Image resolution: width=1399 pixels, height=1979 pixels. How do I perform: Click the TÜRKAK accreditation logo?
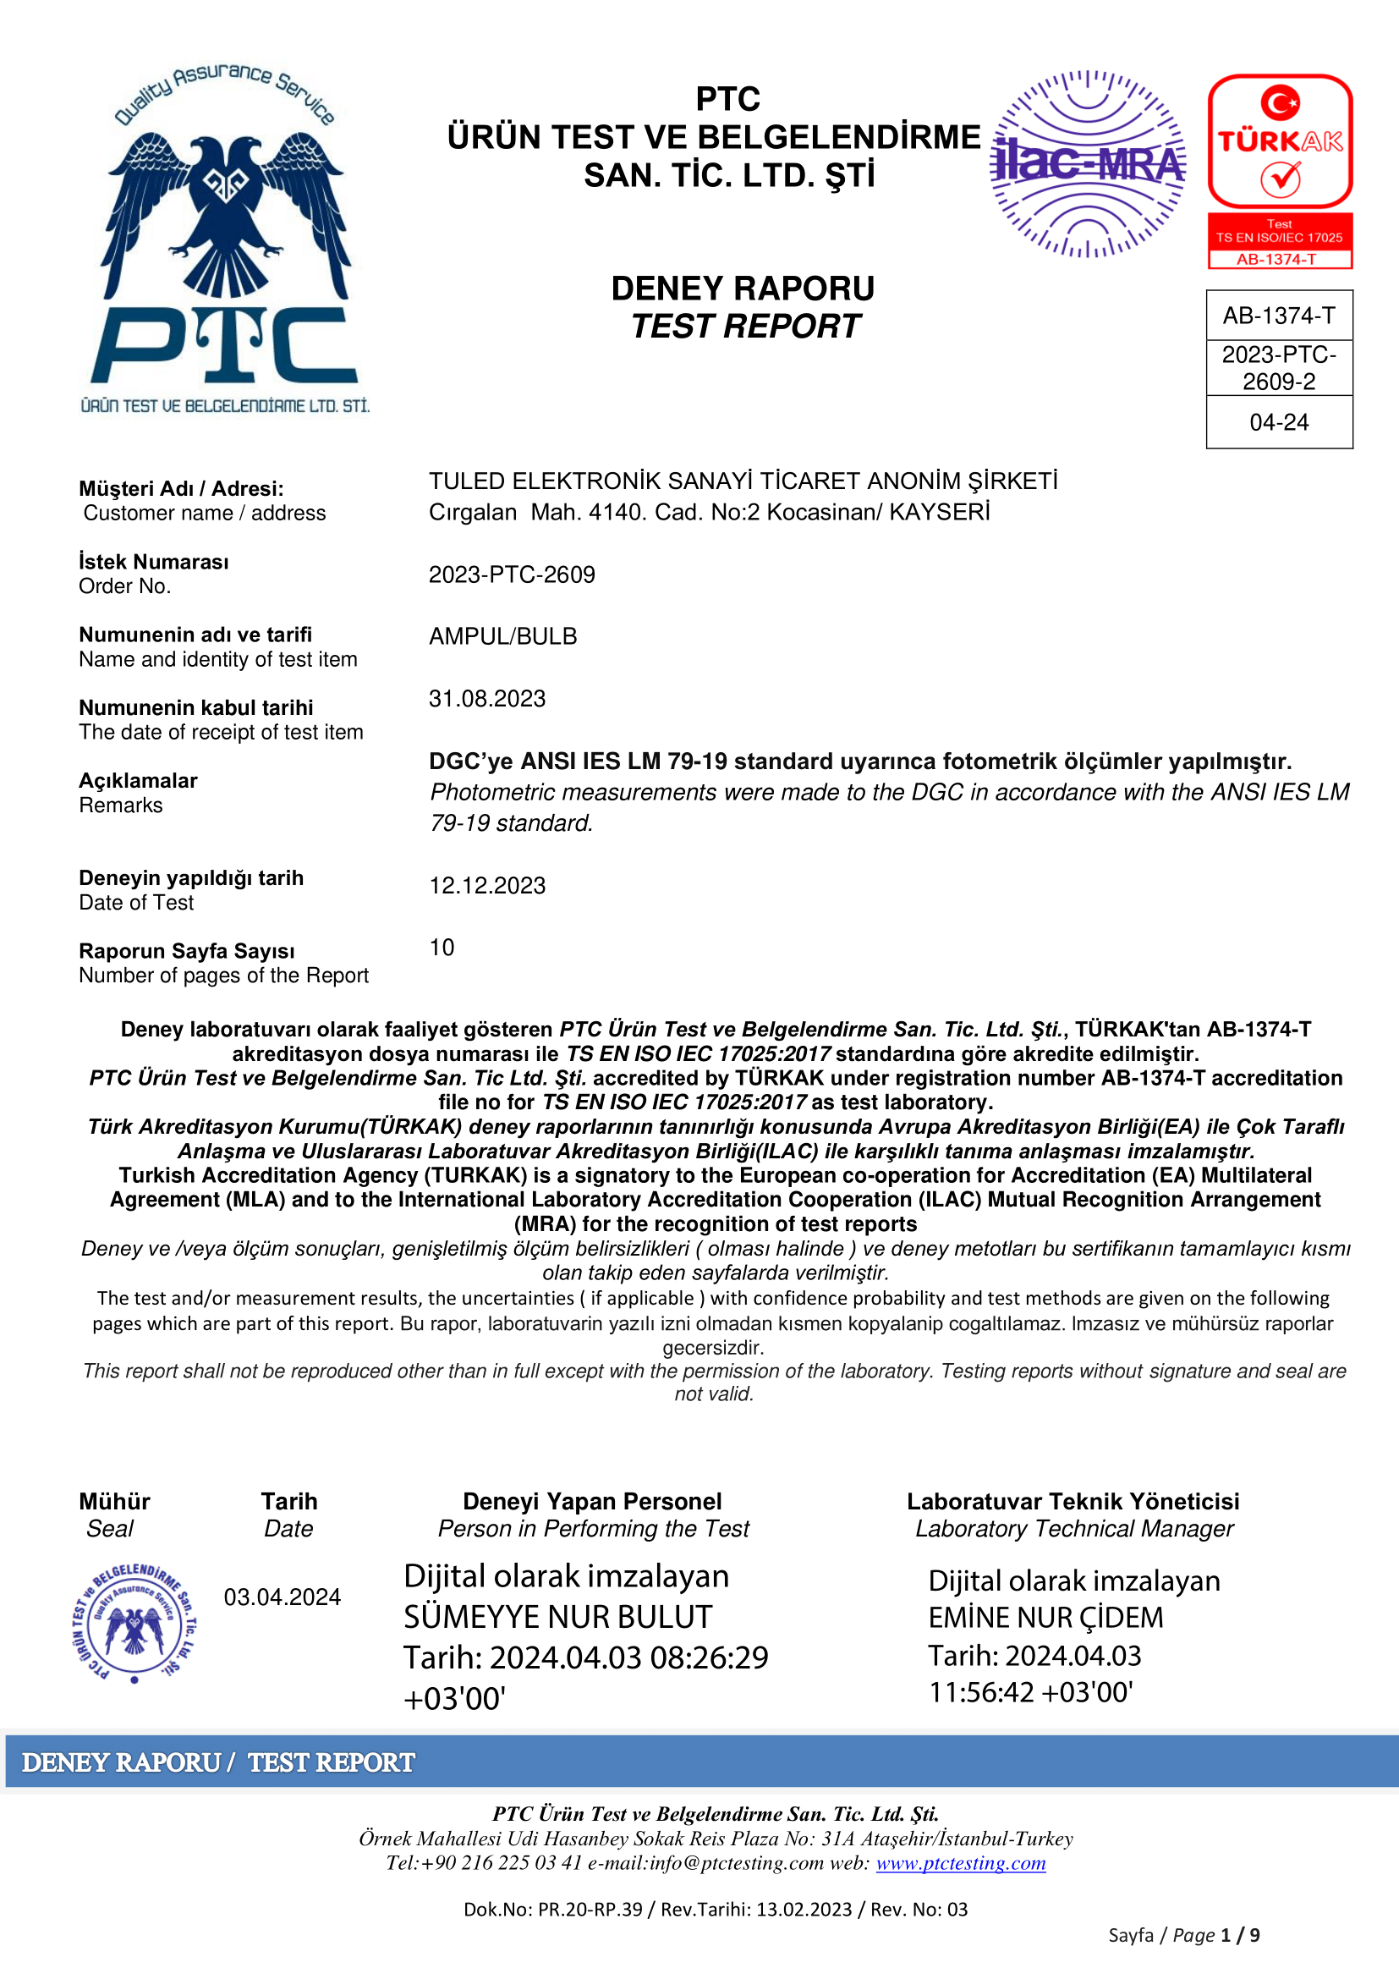(1279, 171)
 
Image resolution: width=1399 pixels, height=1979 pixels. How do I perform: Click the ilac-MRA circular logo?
(1088, 164)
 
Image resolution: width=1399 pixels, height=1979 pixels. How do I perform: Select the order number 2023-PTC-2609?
(512, 574)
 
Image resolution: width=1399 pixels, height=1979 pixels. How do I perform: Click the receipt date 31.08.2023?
(486, 699)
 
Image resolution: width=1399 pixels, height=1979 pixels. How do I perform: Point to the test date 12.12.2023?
(486, 886)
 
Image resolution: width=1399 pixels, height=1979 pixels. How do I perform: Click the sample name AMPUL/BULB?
(503, 637)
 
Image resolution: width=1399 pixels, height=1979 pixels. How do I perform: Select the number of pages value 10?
(442, 948)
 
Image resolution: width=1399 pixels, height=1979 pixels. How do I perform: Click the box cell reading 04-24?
(1278, 422)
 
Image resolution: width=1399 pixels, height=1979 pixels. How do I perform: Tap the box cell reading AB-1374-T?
(1278, 316)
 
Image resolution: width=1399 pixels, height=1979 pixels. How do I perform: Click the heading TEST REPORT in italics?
(745, 327)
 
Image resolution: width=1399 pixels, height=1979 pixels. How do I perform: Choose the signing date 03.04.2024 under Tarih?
(282, 1597)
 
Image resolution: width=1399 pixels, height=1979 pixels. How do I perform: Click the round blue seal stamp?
(134, 1623)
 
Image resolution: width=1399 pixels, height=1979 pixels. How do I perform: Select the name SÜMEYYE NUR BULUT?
(557, 1617)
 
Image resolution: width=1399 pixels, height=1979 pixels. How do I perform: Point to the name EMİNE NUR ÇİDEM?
(1045, 1618)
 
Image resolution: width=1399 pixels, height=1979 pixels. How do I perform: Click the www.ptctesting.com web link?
(961, 1863)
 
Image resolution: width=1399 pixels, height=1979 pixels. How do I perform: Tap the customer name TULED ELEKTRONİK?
(743, 481)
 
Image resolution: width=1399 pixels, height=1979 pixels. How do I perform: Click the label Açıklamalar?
(138, 781)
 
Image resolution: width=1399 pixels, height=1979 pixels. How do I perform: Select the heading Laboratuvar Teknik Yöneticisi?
(1073, 1502)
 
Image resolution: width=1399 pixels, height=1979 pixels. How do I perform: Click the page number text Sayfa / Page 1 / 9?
(1183, 1936)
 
